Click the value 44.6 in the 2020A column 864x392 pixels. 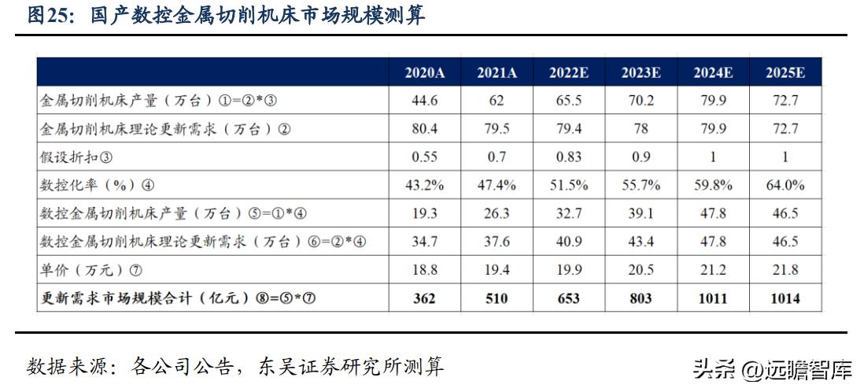[425, 101]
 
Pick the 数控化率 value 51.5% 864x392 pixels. [568, 186]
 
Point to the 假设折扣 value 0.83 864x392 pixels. [568, 157]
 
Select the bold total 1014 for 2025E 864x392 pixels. [785, 298]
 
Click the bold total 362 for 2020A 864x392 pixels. [425, 298]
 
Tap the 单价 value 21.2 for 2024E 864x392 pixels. [713, 270]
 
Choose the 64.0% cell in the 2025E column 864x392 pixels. [785, 186]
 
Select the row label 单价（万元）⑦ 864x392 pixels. [91, 270]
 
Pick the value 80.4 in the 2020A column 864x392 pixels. [425, 129]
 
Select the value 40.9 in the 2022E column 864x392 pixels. [568, 242]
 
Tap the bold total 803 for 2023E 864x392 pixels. [641, 298]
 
